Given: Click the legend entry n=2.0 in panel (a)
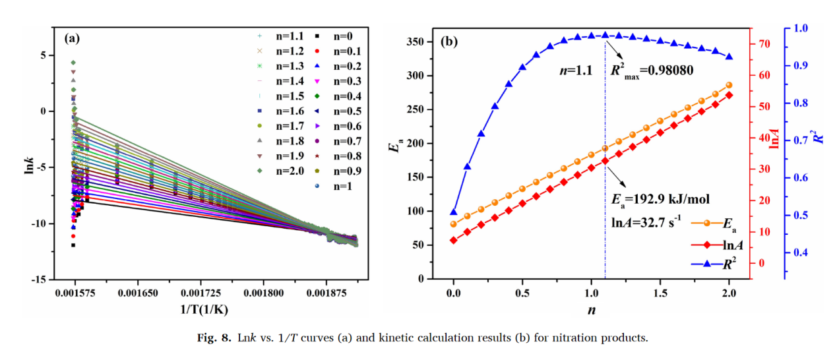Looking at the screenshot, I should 280,171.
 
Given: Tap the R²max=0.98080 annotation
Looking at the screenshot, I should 651,69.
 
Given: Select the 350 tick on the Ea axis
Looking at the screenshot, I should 418,42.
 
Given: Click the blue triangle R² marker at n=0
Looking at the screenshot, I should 454,212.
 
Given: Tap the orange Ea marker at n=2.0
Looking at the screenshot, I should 729,85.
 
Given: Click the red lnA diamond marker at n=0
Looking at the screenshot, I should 454,240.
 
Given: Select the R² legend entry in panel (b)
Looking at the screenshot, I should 723,264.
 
